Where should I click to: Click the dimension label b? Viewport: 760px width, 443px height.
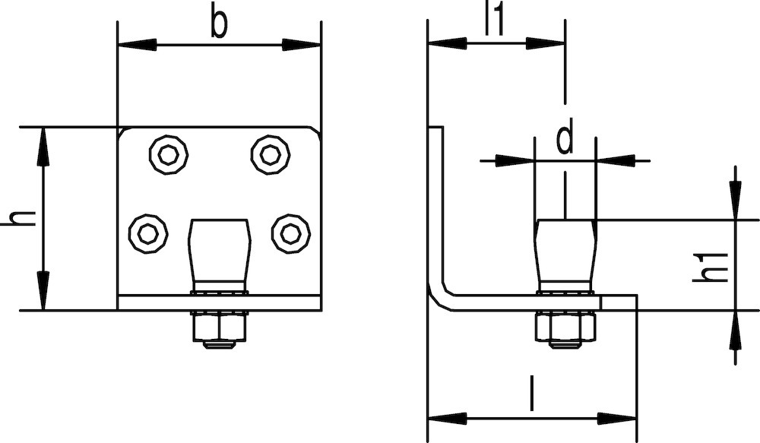[x=219, y=24]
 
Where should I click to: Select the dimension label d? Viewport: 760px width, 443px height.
[x=565, y=138]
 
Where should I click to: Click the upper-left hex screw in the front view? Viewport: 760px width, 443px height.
[x=169, y=154]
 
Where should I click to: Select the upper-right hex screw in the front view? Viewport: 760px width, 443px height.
[x=270, y=154]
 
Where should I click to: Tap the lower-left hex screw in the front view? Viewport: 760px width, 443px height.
[x=148, y=233]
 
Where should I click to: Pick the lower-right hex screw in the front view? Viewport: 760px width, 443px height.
[x=291, y=233]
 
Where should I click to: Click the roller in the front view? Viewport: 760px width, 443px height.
[x=220, y=255]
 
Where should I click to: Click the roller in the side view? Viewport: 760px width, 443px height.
[x=565, y=255]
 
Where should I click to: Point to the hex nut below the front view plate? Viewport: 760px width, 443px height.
[x=220, y=326]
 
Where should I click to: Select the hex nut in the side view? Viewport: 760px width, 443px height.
[x=565, y=326]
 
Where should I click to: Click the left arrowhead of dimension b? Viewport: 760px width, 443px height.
[x=137, y=45]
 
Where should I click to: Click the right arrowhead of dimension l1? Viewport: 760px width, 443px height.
[x=546, y=43]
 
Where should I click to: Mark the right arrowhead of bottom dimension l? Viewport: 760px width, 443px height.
[x=616, y=418]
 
